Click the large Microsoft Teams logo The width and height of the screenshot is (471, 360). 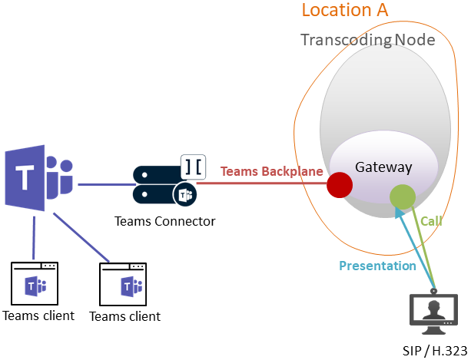[38, 180]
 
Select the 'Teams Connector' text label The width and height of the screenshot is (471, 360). [164, 221]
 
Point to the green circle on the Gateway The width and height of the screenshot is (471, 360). [403, 197]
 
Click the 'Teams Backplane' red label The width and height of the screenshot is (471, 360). [272, 171]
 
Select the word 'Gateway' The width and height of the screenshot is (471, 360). [383, 167]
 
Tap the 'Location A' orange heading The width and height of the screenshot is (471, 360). [344, 11]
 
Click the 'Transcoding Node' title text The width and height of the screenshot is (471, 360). [367, 40]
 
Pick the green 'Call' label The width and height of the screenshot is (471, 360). [431, 221]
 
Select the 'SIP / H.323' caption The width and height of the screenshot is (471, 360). [434, 351]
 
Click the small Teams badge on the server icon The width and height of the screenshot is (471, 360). [185, 195]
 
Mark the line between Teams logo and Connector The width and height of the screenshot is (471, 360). [104, 184]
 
